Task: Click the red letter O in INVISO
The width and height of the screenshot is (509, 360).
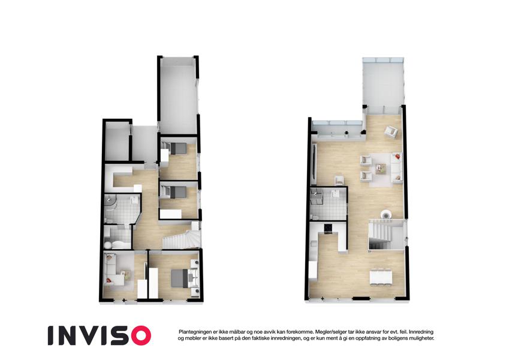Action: click(138, 335)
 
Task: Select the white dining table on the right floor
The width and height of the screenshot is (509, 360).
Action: click(381, 277)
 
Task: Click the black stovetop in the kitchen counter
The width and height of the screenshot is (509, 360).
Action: click(328, 229)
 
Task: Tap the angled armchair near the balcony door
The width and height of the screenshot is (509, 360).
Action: click(391, 131)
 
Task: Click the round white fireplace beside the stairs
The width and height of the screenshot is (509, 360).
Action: click(386, 214)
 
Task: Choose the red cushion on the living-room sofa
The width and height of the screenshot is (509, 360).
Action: click(397, 157)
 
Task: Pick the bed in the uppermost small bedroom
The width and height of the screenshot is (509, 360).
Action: click(177, 148)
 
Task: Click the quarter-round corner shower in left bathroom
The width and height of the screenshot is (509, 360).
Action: click(110, 202)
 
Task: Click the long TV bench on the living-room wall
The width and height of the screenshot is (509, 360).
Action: click(314, 165)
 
